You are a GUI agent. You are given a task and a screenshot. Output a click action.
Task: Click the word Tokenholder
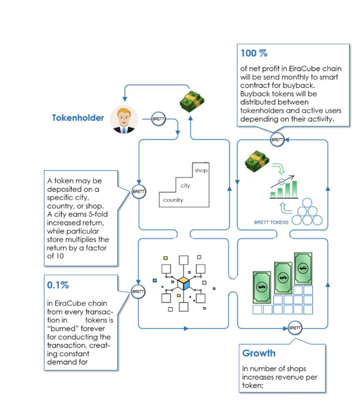point(78,118)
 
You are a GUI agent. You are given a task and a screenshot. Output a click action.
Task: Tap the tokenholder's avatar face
point(124,119)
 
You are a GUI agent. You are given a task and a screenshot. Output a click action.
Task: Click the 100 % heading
point(254,54)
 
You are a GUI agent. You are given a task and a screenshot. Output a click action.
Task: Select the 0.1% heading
point(58,285)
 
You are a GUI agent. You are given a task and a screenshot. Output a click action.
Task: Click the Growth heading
point(259,353)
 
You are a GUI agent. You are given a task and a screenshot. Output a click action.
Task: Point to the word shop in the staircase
point(201,171)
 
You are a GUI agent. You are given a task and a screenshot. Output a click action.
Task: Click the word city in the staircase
point(185,186)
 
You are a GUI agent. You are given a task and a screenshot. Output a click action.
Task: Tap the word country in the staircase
point(173,200)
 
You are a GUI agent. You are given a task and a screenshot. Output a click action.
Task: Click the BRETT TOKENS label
point(271,222)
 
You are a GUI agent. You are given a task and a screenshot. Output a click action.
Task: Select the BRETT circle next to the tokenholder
point(158,119)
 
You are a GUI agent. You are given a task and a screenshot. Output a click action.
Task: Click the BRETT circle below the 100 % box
point(277,140)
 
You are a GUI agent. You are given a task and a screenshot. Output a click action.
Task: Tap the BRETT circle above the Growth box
point(295,328)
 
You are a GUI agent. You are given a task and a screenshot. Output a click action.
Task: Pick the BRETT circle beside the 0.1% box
point(138,292)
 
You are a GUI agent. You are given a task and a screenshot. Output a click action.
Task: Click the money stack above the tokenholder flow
point(192,101)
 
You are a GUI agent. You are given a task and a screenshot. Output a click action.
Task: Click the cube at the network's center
point(184,283)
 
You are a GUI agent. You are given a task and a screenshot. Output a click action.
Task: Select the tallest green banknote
point(303,269)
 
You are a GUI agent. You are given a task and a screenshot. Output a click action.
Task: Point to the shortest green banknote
point(262,287)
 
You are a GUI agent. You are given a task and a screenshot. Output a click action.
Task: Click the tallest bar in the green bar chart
point(294,189)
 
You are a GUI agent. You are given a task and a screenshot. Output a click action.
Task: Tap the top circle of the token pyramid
point(307,203)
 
